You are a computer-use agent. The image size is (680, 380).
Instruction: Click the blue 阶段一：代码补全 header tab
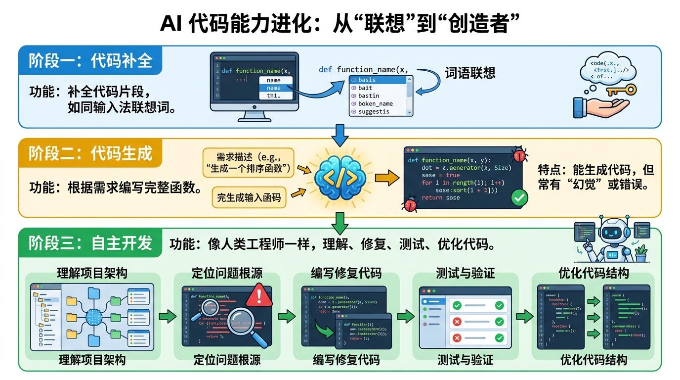90,61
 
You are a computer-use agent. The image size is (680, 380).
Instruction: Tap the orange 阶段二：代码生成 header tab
90,153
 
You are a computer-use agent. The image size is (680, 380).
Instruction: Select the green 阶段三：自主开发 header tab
90,243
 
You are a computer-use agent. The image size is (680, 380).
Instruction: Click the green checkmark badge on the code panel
518,198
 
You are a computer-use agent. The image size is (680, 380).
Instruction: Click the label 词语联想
469,73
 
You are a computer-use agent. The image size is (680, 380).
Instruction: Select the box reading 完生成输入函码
249,197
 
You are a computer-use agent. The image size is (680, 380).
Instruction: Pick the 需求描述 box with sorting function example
249,162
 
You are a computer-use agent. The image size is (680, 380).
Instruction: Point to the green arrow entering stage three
340,223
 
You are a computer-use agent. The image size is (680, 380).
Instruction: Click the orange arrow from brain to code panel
386,177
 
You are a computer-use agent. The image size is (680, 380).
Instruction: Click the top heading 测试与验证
465,273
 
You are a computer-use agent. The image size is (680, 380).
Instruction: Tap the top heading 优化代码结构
593,273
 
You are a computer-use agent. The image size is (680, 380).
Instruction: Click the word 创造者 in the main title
474,24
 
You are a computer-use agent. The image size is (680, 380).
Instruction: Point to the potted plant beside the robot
641,253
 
